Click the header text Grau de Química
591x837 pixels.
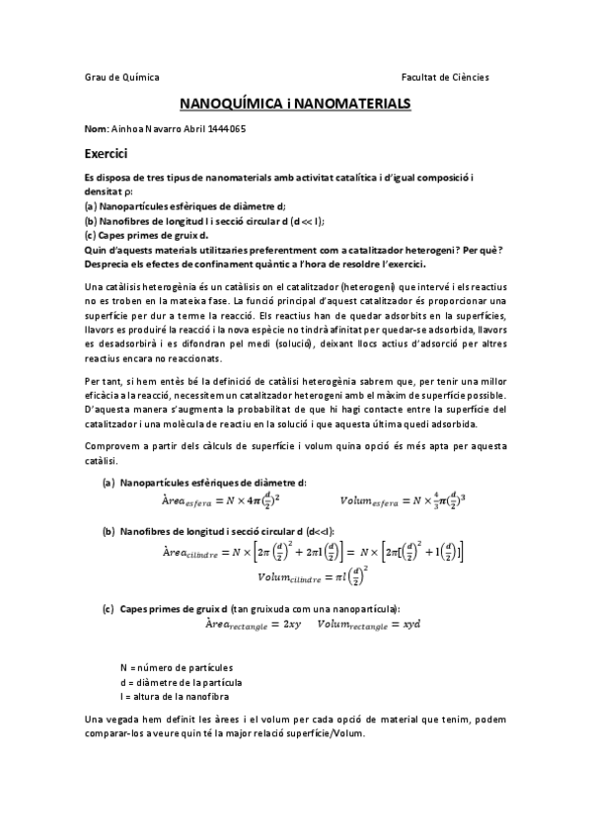pos(121,77)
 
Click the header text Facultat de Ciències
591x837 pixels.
pos(445,77)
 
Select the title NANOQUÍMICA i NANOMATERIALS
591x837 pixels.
pos(295,103)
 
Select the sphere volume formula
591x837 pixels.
pos(406,501)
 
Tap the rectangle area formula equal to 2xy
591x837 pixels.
pos(246,626)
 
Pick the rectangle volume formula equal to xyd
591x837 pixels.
pos(361,626)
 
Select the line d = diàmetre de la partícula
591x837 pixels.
pos(180,682)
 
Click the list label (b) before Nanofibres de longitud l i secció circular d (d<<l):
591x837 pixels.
pos(109,531)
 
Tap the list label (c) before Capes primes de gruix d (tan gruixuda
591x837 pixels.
pos(109,608)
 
